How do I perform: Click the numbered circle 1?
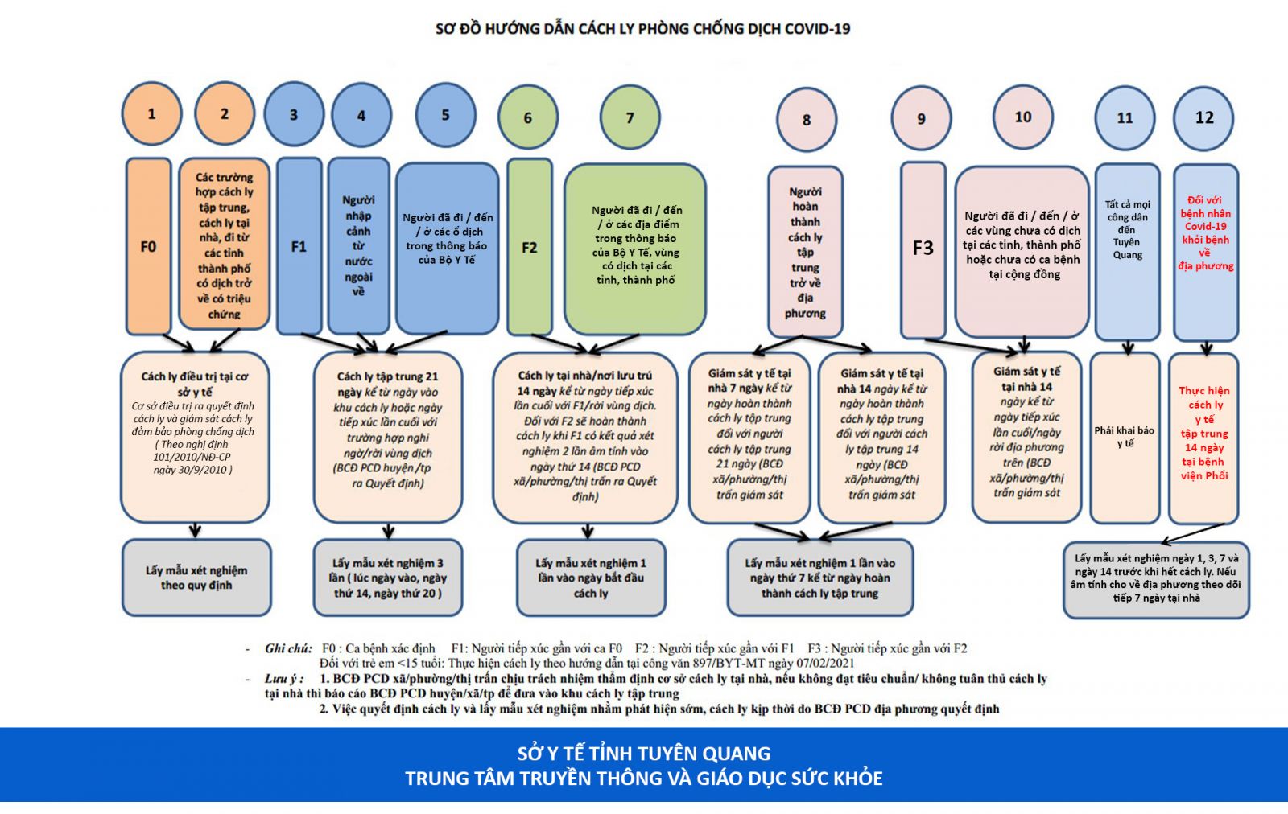(x=151, y=114)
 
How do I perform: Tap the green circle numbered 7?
(x=630, y=118)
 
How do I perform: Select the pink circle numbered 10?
(x=1022, y=117)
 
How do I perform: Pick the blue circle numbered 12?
(x=1204, y=118)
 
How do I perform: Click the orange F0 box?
(x=149, y=246)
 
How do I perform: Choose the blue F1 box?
(x=299, y=246)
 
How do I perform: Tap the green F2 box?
(x=529, y=247)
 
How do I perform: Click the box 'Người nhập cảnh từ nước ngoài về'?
(x=358, y=245)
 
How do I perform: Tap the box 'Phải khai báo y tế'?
(x=1124, y=437)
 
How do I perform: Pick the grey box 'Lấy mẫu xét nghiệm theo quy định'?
(x=196, y=578)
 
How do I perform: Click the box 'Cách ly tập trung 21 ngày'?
(x=388, y=437)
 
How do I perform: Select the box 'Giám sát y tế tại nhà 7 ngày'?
(x=749, y=437)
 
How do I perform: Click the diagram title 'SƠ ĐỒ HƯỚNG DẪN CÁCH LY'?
(x=642, y=29)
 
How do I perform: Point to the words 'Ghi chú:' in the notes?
(x=288, y=648)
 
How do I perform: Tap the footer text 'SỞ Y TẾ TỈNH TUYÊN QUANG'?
(x=643, y=754)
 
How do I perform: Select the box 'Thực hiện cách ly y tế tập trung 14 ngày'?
(x=1203, y=437)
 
